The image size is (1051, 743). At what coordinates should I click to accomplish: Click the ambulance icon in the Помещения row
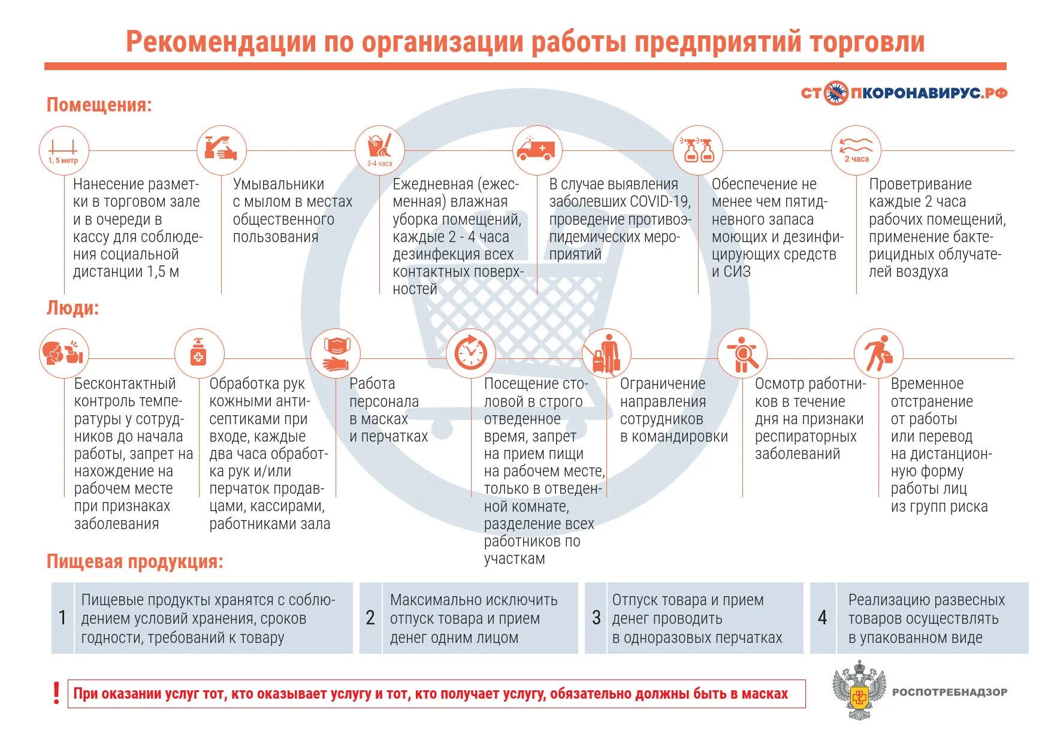click(x=537, y=150)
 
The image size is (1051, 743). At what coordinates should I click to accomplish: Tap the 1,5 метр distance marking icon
click(x=64, y=150)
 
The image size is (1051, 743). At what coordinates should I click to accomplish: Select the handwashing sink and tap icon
click(x=221, y=150)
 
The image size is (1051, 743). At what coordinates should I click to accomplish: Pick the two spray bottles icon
click(x=698, y=150)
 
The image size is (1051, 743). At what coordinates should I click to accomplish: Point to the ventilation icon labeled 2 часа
click(x=856, y=150)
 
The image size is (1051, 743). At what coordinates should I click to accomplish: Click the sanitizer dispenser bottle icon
click(x=198, y=353)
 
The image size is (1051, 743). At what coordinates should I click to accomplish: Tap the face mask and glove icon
click(x=336, y=354)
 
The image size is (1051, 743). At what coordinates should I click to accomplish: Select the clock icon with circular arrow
click(x=471, y=353)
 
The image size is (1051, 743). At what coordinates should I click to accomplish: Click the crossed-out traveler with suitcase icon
click(x=606, y=354)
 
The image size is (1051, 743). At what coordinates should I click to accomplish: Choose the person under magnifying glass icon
click(x=742, y=354)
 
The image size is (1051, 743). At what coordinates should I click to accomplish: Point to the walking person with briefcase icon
click(x=878, y=353)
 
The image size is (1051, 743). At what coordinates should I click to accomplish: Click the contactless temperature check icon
click(x=64, y=353)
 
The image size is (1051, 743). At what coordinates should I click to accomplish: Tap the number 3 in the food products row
click(x=596, y=618)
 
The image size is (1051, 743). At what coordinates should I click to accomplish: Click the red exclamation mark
click(x=56, y=693)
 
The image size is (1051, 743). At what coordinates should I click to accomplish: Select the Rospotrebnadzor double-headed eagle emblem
click(x=859, y=691)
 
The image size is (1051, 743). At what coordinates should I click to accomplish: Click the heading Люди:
click(x=73, y=308)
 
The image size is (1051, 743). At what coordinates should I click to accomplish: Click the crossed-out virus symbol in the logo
click(x=835, y=93)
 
